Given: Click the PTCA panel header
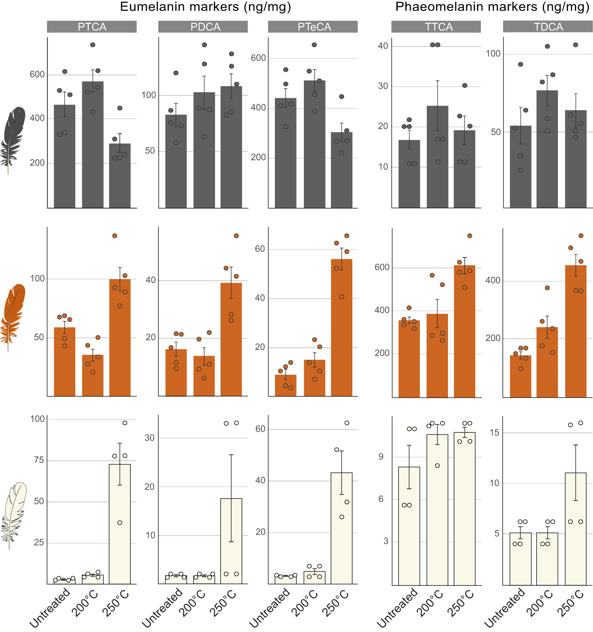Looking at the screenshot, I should tap(92, 27).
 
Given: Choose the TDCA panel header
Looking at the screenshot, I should tap(548, 27).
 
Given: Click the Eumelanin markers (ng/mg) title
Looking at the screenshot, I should tap(205, 7).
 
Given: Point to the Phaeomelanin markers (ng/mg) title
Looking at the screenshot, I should tap(492, 7).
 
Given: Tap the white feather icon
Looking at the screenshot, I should tap(14, 514).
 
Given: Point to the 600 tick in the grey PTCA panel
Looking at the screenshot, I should tap(37, 74).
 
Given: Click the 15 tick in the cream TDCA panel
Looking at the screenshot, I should tap(494, 432).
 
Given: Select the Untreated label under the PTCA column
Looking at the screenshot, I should tap(50, 607).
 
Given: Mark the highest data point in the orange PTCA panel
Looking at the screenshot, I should tap(115, 236).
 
